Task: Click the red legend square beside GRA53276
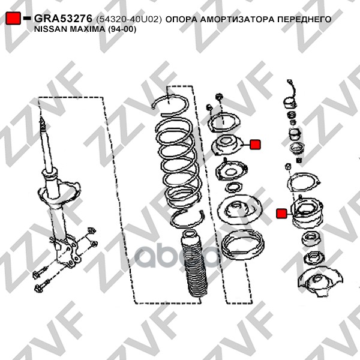[13, 18]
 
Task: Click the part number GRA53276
[64, 19]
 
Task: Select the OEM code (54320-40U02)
[129, 19]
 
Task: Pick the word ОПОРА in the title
[181, 19]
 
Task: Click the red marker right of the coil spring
[255, 145]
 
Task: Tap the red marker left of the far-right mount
[282, 214]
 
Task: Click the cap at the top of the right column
[290, 103]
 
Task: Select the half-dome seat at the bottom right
[320, 282]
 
